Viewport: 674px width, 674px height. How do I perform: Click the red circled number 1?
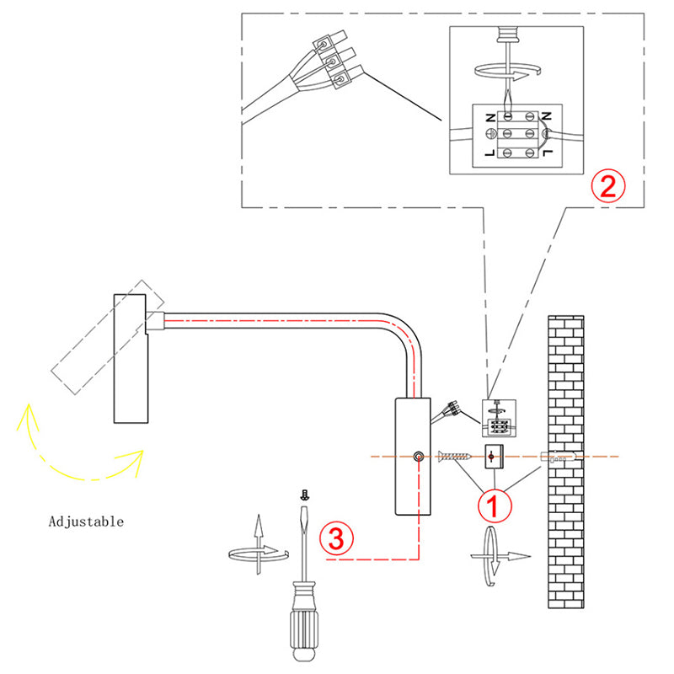coord(494,506)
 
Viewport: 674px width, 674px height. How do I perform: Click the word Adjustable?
coord(86,522)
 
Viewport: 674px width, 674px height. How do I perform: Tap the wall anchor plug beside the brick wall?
coord(555,458)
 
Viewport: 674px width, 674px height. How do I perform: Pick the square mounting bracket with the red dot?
coord(494,457)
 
